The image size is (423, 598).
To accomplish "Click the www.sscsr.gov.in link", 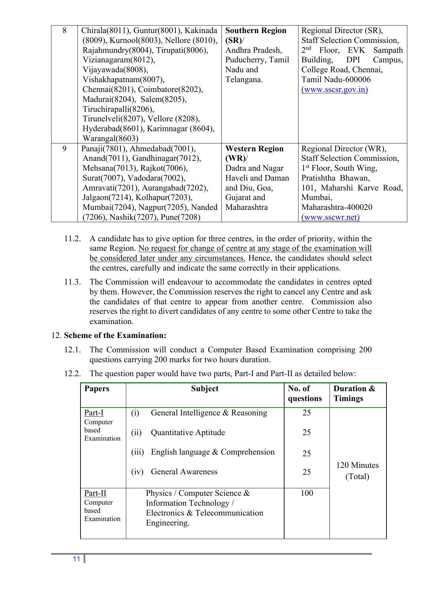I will coord(334,90).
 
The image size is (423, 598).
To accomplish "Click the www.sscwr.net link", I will coord(330,217).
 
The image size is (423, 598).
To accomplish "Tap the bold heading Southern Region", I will coord(256,31).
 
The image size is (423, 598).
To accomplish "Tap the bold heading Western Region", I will coord(254,149).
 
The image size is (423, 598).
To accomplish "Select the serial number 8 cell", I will coord(64,31).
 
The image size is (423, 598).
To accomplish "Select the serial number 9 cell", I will coord(64,149).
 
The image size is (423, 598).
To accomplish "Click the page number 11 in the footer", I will coord(76,559).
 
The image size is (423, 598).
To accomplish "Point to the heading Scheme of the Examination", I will coord(115,336).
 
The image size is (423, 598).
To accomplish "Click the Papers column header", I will coord(97,389).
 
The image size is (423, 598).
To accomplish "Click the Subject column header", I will coord(205,389).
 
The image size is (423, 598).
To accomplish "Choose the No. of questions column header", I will coord(305,394).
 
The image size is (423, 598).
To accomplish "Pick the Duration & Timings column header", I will coord(354,394).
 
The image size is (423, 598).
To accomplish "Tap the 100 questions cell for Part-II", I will coord(307,493).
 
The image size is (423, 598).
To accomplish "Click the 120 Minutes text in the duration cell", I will coord(357,465).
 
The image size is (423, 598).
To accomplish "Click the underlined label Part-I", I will coord(94,413).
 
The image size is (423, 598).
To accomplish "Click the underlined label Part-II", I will coord(95,493).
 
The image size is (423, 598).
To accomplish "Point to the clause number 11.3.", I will coord(72,282).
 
